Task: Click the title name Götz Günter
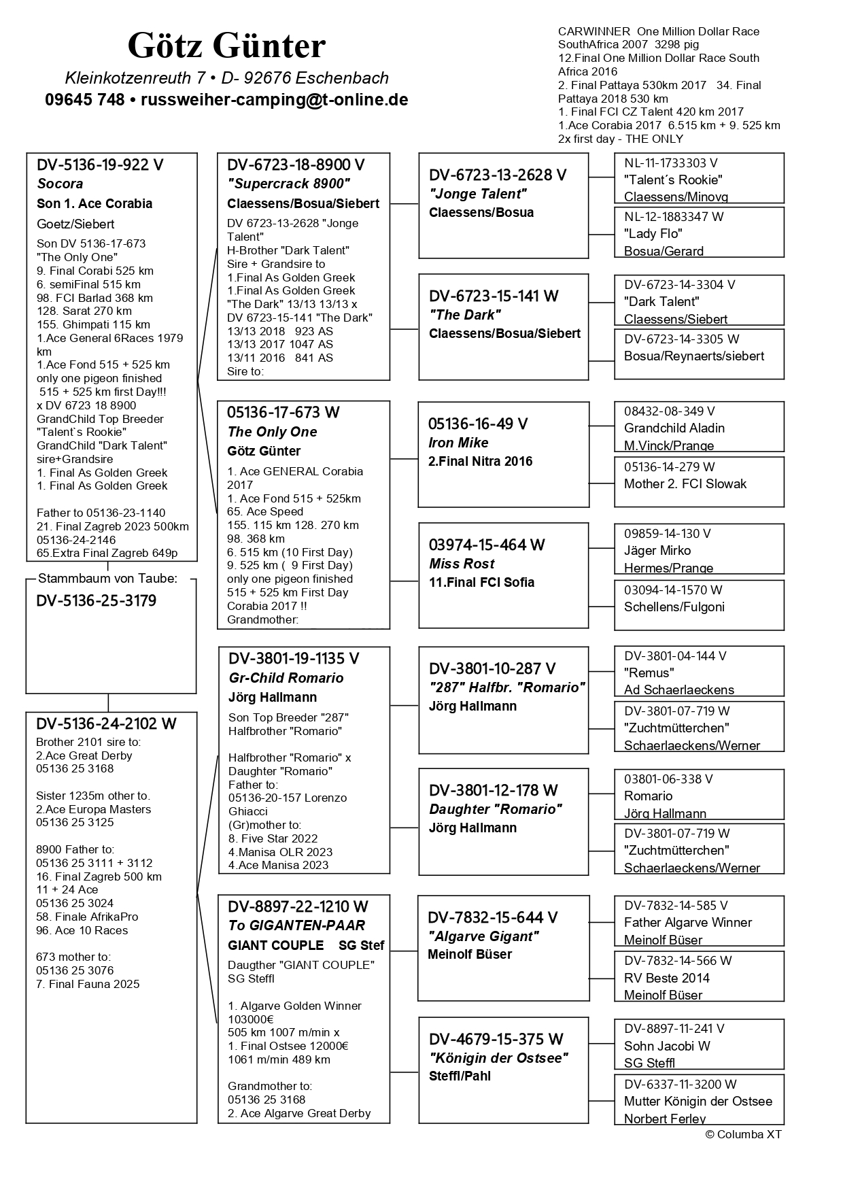tap(226, 46)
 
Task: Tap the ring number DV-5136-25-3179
tap(96, 601)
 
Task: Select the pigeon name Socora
tap(60, 184)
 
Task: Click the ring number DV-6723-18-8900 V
tap(296, 165)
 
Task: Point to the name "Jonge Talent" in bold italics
tap(478, 194)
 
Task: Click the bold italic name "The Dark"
tap(465, 315)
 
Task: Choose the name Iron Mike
tap(458, 443)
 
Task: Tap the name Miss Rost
tap(462, 564)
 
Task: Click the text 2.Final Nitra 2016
tap(480, 461)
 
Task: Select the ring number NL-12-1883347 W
tap(674, 217)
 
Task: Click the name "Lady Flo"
tap(653, 234)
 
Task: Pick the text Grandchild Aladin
tap(674, 428)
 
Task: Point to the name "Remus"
tap(649, 673)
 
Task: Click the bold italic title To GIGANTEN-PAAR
tap(296, 925)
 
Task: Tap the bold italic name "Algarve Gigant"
tap(483, 936)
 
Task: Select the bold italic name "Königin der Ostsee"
tap(498, 1058)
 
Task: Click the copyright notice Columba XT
tap(744, 1134)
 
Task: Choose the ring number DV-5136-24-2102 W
tap(106, 724)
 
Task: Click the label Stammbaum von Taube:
tap(107, 579)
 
